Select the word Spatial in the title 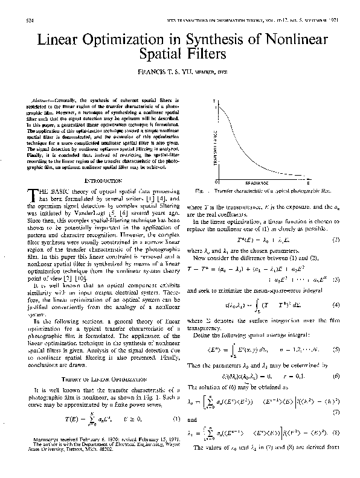[x=161, y=56]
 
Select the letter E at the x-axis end [x=309, y=182]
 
